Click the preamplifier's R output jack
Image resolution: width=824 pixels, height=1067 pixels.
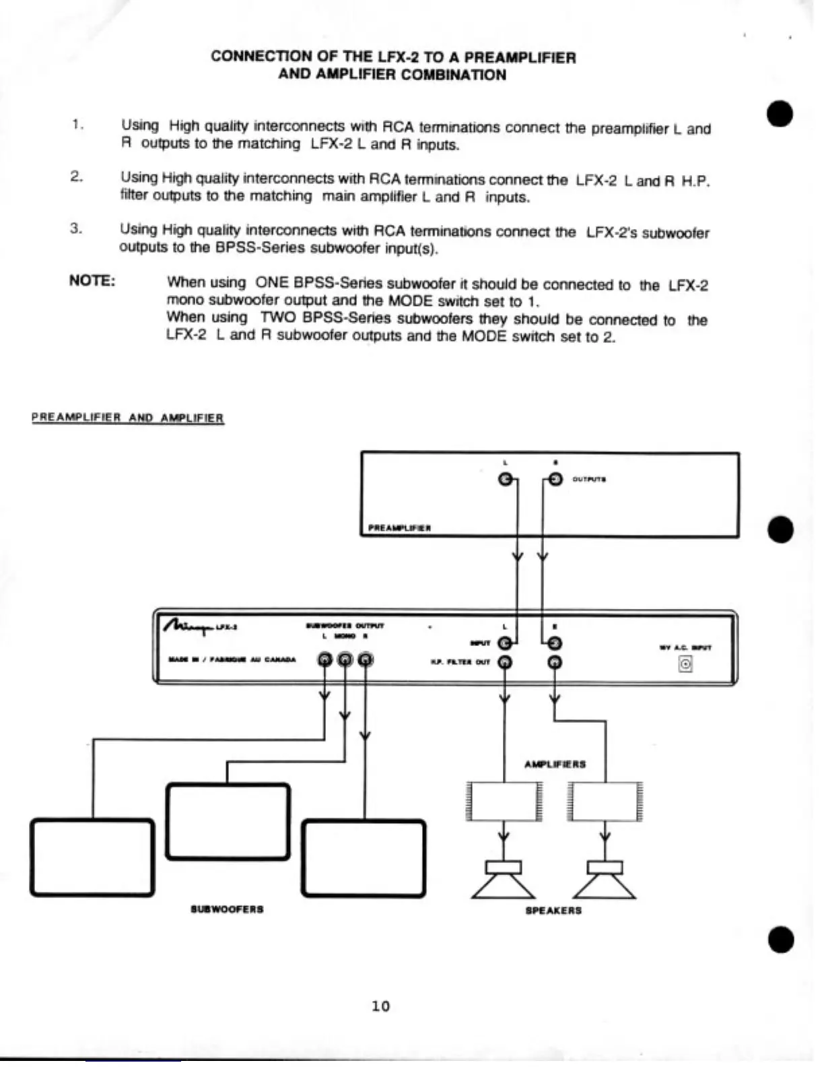pyautogui.click(x=555, y=480)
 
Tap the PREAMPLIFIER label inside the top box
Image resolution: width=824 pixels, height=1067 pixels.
pyautogui.click(x=400, y=528)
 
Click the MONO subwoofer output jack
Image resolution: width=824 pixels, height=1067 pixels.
pyautogui.click(x=345, y=659)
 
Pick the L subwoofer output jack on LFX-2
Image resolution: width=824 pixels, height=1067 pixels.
pyautogui.click(x=324, y=659)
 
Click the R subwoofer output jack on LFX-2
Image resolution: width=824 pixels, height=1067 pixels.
pyautogui.click(x=365, y=659)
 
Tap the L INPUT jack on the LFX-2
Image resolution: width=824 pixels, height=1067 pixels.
pyautogui.click(x=504, y=644)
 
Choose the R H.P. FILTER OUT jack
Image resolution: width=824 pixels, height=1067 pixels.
pyautogui.click(x=555, y=663)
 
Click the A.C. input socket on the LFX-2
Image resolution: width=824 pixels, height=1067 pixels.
pyautogui.click(x=685, y=665)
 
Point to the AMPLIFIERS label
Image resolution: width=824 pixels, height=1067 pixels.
pyautogui.click(x=555, y=765)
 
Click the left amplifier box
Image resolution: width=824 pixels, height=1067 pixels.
pyautogui.click(x=504, y=802)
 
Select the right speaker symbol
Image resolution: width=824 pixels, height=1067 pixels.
pyautogui.click(x=605, y=880)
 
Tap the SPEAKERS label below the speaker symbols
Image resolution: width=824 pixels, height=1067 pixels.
pyautogui.click(x=553, y=911)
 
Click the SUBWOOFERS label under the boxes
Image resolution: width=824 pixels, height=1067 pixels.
pyautogui.click(x=227, y=909)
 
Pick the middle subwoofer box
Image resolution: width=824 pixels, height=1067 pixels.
pyautogui.click(x=228, y=822)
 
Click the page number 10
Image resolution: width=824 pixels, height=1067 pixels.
pyautogui.click(x=380, y=1006)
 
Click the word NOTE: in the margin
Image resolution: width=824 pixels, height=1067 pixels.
pyautogui.click(x=92, y=281)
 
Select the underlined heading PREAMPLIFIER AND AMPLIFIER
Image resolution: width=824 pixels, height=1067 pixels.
pyautogui.click(x=127, y=418)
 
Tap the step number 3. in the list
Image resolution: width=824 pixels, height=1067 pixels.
pyautogui.click(x=76, y=228)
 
